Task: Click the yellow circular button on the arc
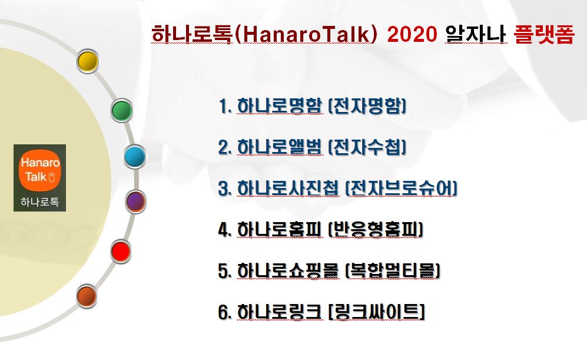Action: (x=88, y=61)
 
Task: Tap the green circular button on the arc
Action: (x=122, y=111)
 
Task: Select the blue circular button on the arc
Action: (x=135, y=157)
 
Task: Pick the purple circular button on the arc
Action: (x=135, y=202)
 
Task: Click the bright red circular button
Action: (x=121, y=251)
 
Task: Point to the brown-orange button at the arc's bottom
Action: (x=87, y=296)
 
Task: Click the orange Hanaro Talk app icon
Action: (x=39, y=170)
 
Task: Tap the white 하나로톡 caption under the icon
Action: (x=39, y=202)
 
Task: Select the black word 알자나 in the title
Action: (x=475, y=34)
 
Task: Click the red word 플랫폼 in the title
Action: (x=544, y=34)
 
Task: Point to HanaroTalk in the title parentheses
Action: (x=306, y=34)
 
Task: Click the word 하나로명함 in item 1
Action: (x=279, y=105)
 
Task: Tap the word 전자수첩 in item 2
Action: (x=367, y=147)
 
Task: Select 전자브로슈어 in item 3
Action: (x=401, y=188)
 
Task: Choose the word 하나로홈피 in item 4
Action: (x=279, y=229)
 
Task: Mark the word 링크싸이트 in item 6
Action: (x=376, y=312)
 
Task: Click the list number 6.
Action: (x=224, y=312)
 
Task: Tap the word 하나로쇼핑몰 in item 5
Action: (x=288, y=270)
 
